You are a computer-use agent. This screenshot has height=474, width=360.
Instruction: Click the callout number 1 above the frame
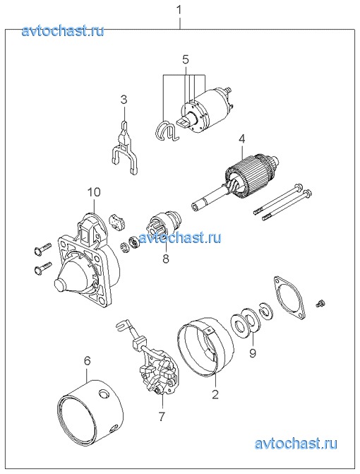pos(179,10)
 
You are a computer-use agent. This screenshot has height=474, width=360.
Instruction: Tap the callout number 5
pos(186,59)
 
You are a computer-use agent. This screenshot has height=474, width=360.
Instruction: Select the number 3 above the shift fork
pos(124,100)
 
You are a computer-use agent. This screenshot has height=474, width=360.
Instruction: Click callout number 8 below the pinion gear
pos(166,259)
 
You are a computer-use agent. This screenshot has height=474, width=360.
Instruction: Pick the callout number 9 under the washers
pos(253,352)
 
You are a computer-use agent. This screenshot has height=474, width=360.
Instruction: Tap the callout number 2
pos(215,394)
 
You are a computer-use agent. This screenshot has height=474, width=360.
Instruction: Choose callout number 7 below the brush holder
pos(162,416)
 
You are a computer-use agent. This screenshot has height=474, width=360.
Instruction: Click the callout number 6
pos(87,361)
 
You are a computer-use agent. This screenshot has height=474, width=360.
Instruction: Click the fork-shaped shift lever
pos(124,151)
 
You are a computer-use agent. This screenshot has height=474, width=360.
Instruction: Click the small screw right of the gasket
pos(320,303)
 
